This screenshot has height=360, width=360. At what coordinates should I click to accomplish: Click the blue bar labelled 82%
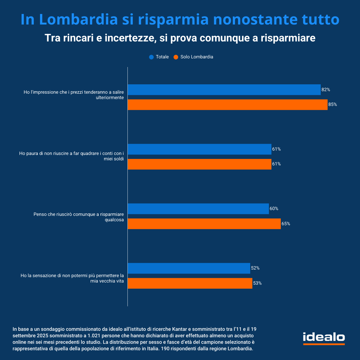pos(224,90)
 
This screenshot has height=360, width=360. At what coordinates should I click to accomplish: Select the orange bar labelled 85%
pos(228,105)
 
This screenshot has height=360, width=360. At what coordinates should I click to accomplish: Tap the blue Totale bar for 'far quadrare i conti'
pos(199,149)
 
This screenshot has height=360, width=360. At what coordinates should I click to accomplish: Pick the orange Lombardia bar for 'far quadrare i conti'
pos(199,164)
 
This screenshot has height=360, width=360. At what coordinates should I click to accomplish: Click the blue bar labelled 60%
pos(198,209)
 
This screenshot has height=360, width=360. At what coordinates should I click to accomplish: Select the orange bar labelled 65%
pos(204,224)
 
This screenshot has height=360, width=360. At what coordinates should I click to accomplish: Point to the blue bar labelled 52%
pos(189,268)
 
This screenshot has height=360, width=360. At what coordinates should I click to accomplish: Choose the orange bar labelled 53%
pos(190,283)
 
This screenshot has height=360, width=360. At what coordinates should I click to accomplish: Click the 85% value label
pos(332,105)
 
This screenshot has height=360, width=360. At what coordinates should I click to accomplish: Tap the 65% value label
pos(285,224)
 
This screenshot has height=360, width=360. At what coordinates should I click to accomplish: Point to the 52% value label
pos(255,268)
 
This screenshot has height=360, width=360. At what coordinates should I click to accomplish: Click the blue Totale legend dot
pos(151,57)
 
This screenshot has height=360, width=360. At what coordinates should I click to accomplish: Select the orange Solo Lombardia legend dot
pos(176,57)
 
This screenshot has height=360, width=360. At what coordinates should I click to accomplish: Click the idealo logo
pos(324,338)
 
